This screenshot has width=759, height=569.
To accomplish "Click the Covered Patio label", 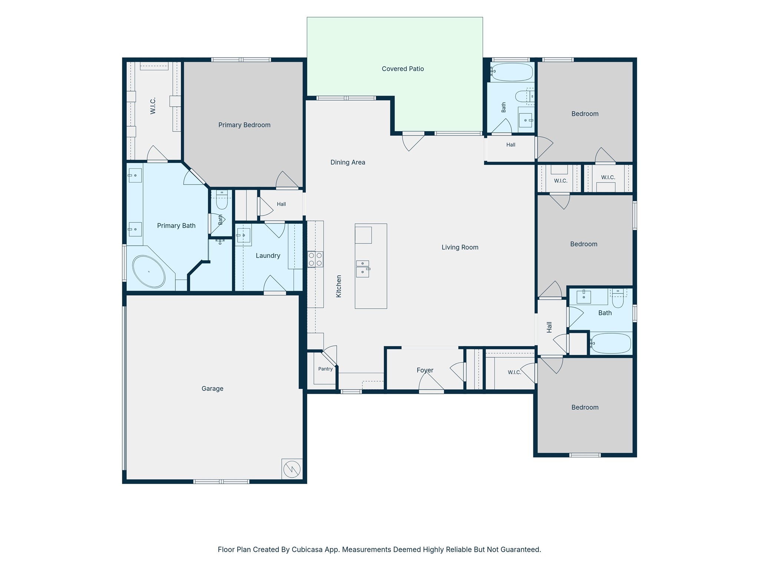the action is pos(403,69).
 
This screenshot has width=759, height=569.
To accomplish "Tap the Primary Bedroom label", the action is pos(244,125).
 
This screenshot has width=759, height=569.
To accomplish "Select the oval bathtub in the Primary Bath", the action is pos(149,272).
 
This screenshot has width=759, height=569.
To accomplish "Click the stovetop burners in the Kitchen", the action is pos(315,259).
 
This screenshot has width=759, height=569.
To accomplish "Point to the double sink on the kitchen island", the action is pos(363,269).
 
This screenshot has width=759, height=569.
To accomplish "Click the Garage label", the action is pos(212,389).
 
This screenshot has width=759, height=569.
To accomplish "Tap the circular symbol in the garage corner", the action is pos(292,469).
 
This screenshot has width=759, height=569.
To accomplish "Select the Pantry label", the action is pos(325,369).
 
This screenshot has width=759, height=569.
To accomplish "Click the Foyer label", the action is pos(425,370).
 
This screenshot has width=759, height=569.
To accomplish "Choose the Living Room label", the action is pos(460,247).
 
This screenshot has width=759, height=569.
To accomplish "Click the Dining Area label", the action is pos(348,162).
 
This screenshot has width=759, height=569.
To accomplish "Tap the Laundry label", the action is pos(268,256).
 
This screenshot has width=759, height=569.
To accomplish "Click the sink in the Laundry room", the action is pos(243,235).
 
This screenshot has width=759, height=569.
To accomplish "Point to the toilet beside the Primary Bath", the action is pos(222,200).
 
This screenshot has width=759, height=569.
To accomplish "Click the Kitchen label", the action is pos(339,286).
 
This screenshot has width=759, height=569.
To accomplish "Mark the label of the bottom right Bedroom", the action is pos(585,407).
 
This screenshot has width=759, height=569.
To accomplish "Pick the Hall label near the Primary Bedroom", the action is pos(281,204).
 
